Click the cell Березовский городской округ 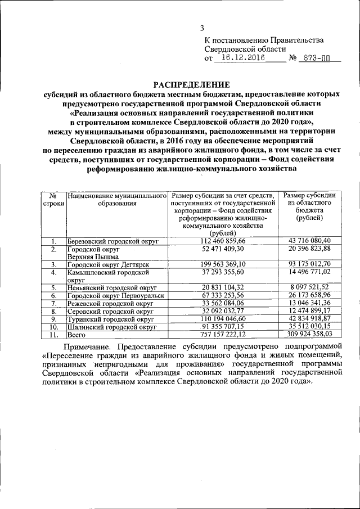tap(112, 241)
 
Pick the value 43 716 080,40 tap(310, 241)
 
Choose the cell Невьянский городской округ tap(110, 287)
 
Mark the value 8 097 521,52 tap(310, 287)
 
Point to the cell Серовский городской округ tap(110, 311)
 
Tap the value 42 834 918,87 tap(310, 318)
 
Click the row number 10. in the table tap(53, 326)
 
